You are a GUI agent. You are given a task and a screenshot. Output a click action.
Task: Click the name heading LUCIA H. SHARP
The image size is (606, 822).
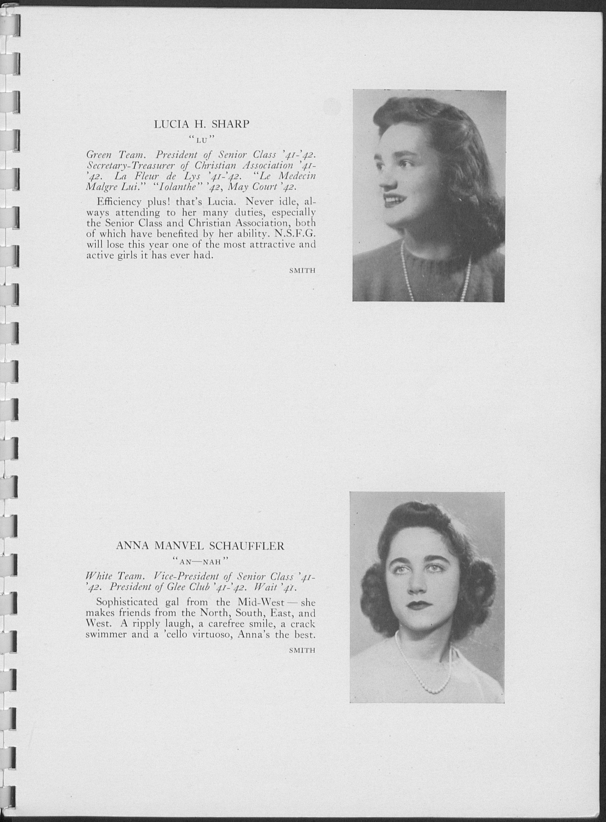tap(201, 124)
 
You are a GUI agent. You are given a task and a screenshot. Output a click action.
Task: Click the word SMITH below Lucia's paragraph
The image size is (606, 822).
tap(302, 271)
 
